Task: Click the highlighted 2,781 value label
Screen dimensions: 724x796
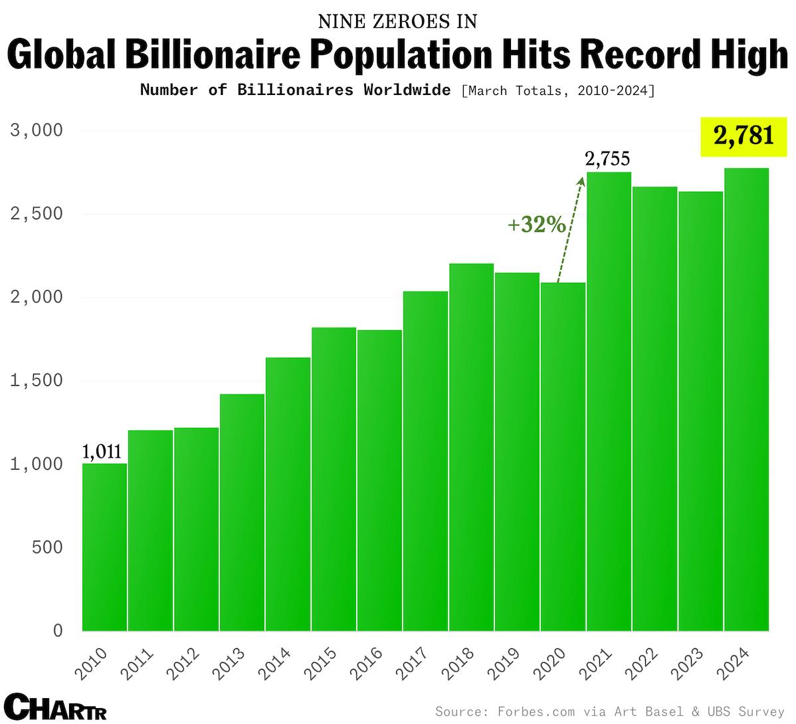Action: [744, 136]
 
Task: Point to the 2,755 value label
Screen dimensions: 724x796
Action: [607, 159]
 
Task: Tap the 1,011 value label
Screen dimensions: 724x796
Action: [102, 452]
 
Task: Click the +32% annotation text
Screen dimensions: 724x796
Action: [536, 225]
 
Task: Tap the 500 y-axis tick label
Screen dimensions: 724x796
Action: [47, 547]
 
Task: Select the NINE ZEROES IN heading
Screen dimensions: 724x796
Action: [397, 21]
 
